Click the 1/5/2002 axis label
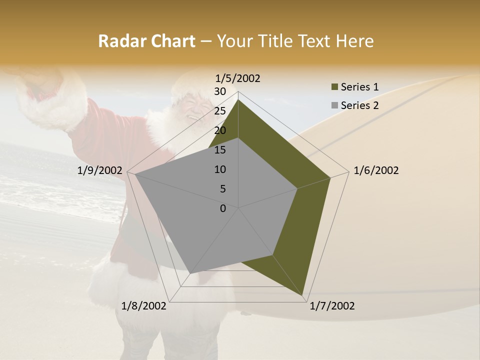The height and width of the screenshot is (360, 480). click(x=238, y=78)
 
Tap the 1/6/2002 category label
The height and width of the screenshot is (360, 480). click(x=376, y=170)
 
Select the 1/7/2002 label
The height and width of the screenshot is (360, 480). click(x=332, y=306)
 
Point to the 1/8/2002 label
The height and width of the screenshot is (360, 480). click(x=144, y=306)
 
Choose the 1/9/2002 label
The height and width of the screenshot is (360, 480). click(x=100, y=170)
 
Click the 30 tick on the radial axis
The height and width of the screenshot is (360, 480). click(x=220, y=91)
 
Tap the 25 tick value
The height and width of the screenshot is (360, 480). click(x=220, y=111)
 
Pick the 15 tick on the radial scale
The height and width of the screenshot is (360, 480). click(x=220, y=150)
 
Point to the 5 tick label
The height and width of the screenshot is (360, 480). click(x=223, y=189)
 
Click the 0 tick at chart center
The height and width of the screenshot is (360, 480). click(x=223, y=208)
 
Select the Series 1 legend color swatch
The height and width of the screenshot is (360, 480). click(x=334, y=87)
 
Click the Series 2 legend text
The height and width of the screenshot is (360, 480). click(x=360, y=105)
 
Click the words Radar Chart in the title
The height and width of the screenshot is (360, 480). click(x=146, y=41)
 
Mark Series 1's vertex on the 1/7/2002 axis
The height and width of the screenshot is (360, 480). click(x=303, y=296)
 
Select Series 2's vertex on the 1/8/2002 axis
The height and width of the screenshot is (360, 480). click(x=190, y=273)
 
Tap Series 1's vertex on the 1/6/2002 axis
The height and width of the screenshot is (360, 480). click(x=330, y=177)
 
